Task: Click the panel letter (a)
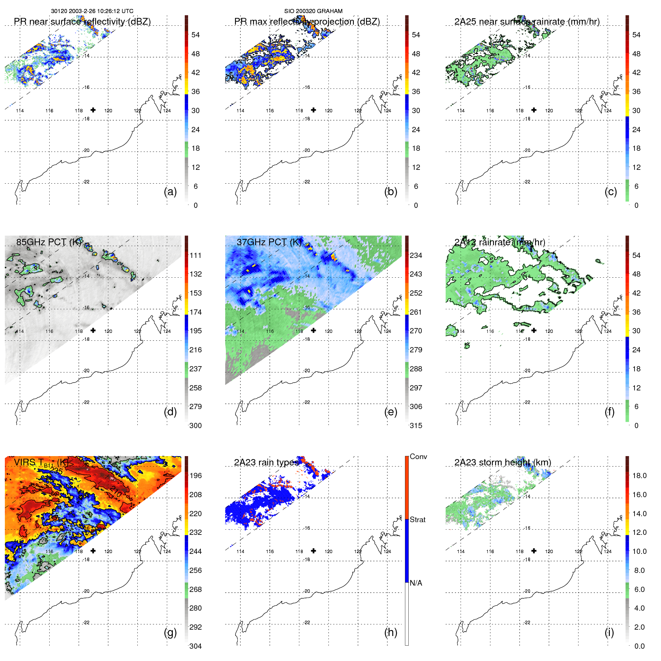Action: pyautogui.click(x=170, y=192)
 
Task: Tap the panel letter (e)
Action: pyautogui.click(x=390, y=412)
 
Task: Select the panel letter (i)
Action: pyautogui.click(x=609, y=633)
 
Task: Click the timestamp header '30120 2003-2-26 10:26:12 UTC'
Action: pyautogui.click(x=92, y=11)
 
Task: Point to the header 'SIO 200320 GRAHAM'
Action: pyautogui.click(x=313, y=11)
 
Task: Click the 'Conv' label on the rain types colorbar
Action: pyautogui.click(x=418, y=456)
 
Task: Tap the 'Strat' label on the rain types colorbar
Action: pyautogui.click(x=417, y=520)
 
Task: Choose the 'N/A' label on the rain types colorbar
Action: pyautogui.click(x=416, y=583)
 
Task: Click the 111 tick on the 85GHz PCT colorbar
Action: pyautogui.click(x=196, y=255)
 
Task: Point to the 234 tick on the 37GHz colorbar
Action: pyautogui.click(x=416, y=255)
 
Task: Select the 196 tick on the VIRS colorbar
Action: pyautogui.click(x=196, y=476)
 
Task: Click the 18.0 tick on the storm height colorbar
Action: pyautogui.click(x=639, y=476)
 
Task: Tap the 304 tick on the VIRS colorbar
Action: pyautogui.click(x=196, y=646)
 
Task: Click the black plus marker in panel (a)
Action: pyautogui.click(x=93, y=110)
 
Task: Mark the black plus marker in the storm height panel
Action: pyautogui.click(x=534, y=551)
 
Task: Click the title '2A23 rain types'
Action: pyautogui.click(x=266, y=462)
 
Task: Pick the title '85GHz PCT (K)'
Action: pyautogui.click(x=49, y=242)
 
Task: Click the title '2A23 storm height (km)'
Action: pyautogui.click(x=502, y=462)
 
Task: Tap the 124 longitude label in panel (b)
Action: pyautogui.click(x=387, y=110)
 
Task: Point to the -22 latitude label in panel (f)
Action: pyautogui.click(x=527, y=402)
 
